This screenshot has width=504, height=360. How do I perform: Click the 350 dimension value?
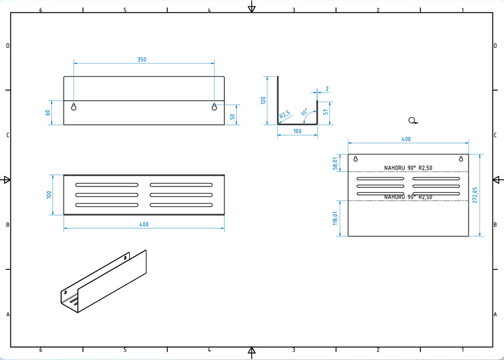click(142, 59)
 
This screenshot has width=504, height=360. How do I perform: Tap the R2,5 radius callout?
click(285, 115)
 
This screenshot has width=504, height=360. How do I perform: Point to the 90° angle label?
click(305, 112)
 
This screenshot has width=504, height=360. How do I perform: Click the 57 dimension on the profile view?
click(325, 111)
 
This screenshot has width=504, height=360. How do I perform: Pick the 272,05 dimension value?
click(484, 195)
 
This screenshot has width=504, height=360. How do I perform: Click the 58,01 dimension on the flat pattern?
click(336, 163)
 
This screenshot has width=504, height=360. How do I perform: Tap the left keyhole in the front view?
click(74, 107)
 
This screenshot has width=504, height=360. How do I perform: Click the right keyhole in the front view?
click(214, 107)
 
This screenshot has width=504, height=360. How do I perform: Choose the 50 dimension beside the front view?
click(232, 116)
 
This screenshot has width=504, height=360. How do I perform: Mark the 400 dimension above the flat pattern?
click(406, 139)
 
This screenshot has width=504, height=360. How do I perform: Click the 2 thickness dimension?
click(328, 89)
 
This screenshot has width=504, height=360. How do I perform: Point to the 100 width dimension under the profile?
click(297, 131)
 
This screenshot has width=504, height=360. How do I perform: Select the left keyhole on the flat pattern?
click(355, 158)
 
